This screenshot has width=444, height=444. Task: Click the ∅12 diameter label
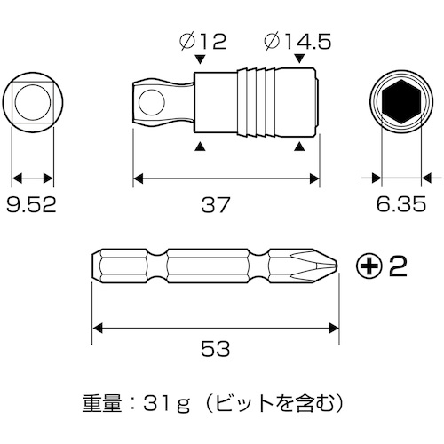203,41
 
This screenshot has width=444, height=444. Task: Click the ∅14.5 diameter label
297,41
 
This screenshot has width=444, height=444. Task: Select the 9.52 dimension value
31,205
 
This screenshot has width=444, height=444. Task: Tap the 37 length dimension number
216,205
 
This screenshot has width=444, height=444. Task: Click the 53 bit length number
216,349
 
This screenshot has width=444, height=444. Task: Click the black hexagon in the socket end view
401,101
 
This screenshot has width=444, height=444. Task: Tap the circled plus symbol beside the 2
368,266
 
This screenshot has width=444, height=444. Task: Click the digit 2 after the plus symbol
397,266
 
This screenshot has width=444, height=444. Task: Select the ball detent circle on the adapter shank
152,103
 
